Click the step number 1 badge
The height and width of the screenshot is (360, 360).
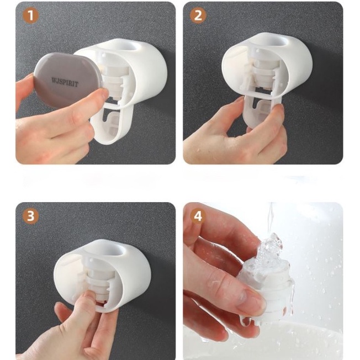click(x=30, y=15)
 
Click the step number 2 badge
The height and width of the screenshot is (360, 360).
click(x=198, y=15)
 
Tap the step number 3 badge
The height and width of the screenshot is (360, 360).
click(x=30, y=216)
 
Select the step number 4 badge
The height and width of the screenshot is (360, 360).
click(x=198, y=216)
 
